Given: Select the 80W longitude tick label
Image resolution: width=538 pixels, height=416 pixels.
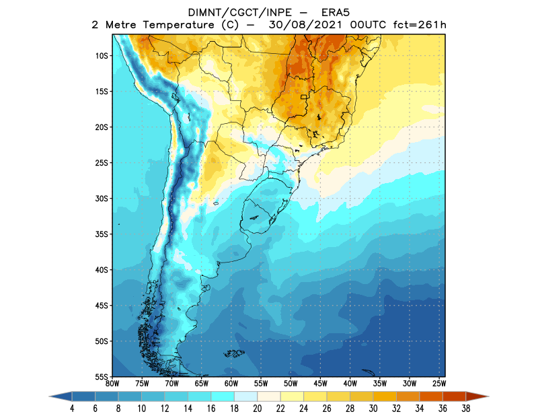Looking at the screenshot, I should pyautogui.click(x=112, y=384).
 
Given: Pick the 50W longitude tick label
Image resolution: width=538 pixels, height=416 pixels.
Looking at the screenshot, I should pyautogui.click(x=290, y=384).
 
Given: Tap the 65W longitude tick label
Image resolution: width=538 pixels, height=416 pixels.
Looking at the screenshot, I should pyautogui.click(x=201, y=384).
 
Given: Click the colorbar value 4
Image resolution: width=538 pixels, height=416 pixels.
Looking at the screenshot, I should pyautogui.click(x=71, y=408).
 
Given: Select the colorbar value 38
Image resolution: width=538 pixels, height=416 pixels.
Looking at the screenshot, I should pyautogui.click(x=465, y=408).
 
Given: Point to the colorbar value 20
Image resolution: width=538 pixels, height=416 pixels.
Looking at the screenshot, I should pyautogui.click(x=257, y=408).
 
